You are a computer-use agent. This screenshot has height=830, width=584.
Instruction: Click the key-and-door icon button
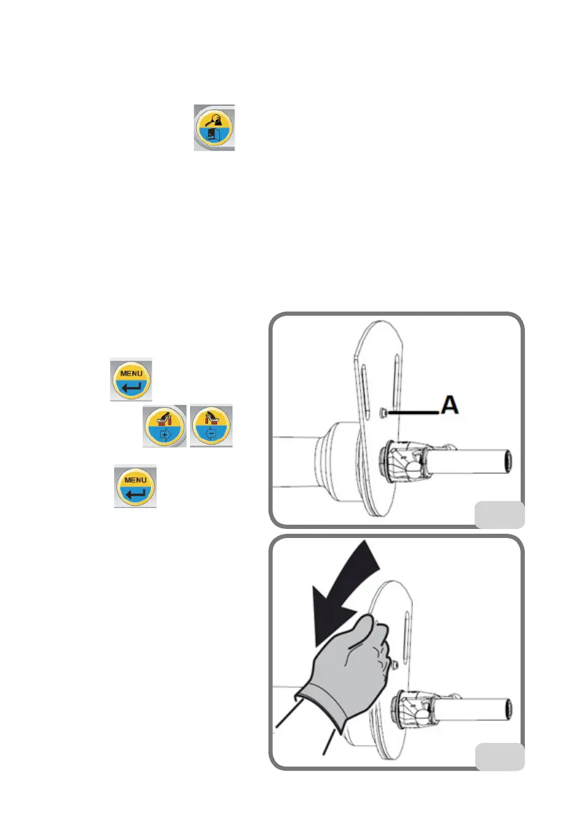click(214, 128)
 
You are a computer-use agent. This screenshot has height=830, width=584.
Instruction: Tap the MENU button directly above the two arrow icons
click(133, 380)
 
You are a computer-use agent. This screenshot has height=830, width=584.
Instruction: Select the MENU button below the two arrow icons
click(135, 486)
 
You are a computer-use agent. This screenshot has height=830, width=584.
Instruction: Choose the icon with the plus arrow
click(164, 427)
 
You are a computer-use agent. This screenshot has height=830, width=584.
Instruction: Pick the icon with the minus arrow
click(212, 427)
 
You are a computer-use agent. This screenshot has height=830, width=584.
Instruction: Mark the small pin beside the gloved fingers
click(393, 665)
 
